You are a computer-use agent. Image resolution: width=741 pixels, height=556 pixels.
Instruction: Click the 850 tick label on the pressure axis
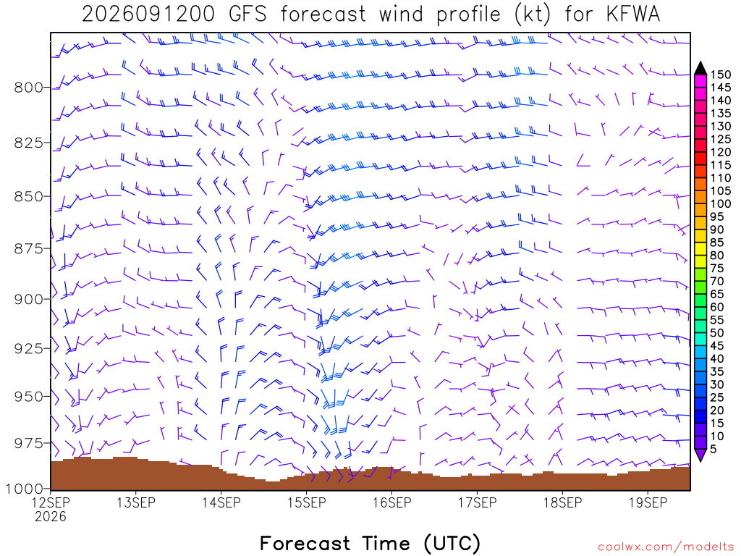pyautogui.click(x=29, y=197)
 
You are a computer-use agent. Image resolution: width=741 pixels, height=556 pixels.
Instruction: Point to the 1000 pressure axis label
pyautogui.click(x=24, y=489)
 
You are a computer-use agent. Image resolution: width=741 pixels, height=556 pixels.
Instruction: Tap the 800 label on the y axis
pyautogui.click(x=29, y=88)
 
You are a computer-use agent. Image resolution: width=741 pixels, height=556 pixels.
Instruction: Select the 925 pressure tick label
pyautogui.click(x=29, y=349)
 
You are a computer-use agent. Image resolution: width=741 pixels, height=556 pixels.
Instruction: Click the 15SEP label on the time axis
pyautogui.click(x=307, y=502)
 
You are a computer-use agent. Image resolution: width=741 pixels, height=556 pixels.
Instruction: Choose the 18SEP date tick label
pyautogui.click(x=562, y=502)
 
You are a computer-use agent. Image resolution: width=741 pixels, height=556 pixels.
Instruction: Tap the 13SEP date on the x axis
pyautogui.click(x=136, y=502)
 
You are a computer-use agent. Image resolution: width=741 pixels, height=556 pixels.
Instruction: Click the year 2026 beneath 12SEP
pyautogui.click(x=51, y=517)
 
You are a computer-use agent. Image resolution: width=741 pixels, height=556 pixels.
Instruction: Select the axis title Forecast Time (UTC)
pyautogui.click(x=370, y=543)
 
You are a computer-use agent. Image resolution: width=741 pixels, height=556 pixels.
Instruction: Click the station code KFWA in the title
pyautogui.click(x=632, y=14)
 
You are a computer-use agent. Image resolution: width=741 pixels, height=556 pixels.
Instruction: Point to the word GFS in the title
pyautogui.click(x=247, y=14)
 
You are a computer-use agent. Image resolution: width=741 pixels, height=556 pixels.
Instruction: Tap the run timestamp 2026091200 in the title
pyautogui.click(x=148, y=14)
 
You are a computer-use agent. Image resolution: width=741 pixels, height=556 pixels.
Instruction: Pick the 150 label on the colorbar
pyautogui.click(x=720, y=75)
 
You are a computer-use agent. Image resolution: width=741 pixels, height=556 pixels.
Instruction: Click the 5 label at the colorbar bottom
pyautogui.click(x=713, y=449)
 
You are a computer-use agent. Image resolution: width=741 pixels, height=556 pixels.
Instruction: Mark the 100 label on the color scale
pyautogui.click(x=720, y=203)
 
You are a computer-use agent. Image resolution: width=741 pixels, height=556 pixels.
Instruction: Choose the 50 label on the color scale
pyautogui.click(x=717, y=333)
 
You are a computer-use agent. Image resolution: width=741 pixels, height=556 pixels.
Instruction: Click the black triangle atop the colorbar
pyautogui.click(x=700, y=69)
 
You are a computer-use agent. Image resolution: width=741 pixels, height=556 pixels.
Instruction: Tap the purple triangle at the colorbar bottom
pyautogui.click(x=700, y=455)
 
